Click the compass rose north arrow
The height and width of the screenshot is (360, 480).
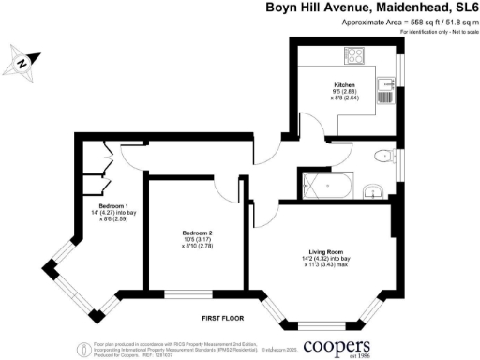(22, 64)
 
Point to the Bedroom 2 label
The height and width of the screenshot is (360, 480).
(198, 232)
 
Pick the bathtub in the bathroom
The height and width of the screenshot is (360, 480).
(329, 187)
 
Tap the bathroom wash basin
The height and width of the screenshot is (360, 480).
(374, 192)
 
